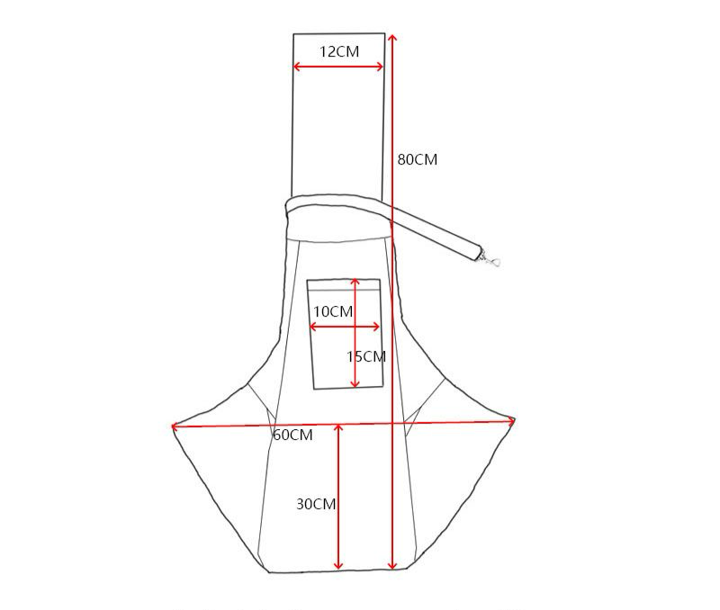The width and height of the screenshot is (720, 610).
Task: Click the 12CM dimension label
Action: (339, 51)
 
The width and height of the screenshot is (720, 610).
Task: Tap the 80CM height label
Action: (418, 160)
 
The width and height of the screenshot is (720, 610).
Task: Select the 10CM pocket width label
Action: (333, 311)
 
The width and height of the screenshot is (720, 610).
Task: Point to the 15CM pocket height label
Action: (366, 356)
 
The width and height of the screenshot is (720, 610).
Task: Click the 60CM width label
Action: (293, 435)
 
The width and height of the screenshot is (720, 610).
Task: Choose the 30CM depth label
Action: (316, 504)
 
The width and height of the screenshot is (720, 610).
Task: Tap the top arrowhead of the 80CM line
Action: (391, 37)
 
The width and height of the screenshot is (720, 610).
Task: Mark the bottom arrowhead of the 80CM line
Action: (391, 565)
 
